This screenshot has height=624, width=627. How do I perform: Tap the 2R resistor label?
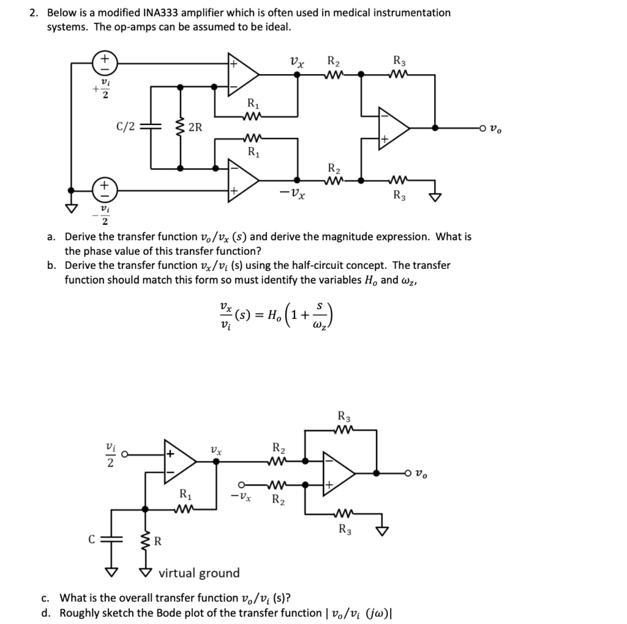pyautogui.click(x=196, y=127)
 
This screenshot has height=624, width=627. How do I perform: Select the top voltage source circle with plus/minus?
pyautogui.click(x=105, y=62)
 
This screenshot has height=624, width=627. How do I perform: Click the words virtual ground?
pyautogui.click(x=199, y=573)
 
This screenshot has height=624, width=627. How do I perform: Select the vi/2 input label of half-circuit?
pyautogui.click(x=110, y=455)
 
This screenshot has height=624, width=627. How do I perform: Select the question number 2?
pyautogui.click(x=35, y=12)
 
